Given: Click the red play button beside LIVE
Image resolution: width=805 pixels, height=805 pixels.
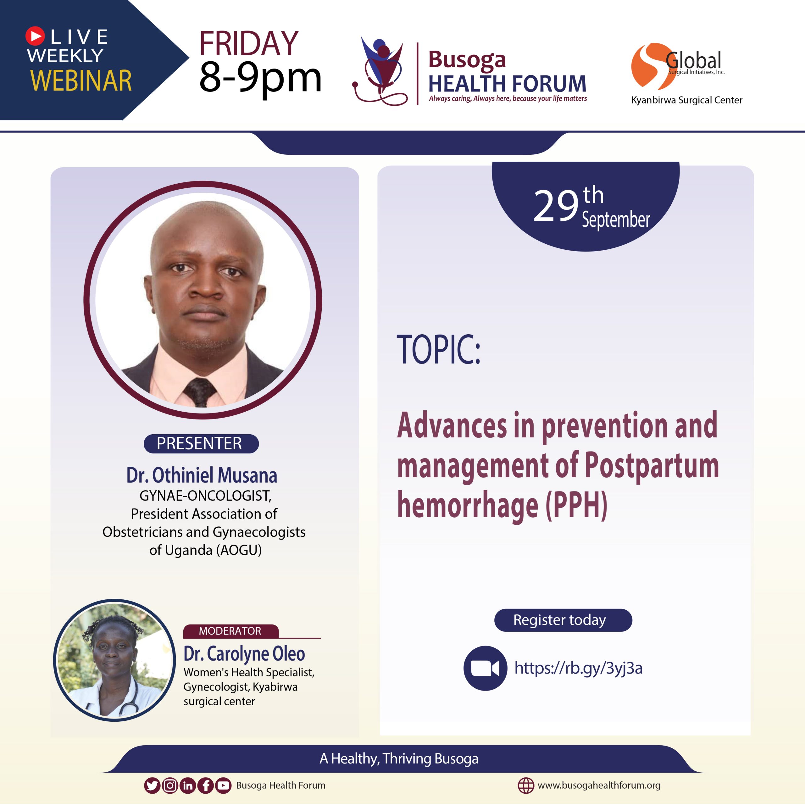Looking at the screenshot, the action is pyautogui.click(x=35, y=36).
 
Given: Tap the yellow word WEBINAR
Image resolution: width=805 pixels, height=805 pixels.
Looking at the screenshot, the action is pyautogui.click(x=81, y=80).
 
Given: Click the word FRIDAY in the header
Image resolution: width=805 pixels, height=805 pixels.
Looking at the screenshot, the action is pyautogui.click(x=249, y=43).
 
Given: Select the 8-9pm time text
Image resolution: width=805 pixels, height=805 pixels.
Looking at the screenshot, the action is pyautogui.click(x=260, y=78).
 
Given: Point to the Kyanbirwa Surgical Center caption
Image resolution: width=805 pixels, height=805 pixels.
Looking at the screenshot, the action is pyautogui.click(x=687, y=100).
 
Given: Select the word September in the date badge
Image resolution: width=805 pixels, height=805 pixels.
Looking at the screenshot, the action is pyautogui.click(x=616, y=219).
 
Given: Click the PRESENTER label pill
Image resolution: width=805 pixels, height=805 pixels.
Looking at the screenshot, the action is pyautogui.click(x=201, y=443).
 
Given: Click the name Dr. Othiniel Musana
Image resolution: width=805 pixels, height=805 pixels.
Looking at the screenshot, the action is pyautogui.click(x=202, y=475).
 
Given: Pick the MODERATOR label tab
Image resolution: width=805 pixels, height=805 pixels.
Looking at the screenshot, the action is pyautogui.click(x=230, y=631).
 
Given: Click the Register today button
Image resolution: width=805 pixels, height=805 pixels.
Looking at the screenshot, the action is pyautogui.click(x=563, y=620).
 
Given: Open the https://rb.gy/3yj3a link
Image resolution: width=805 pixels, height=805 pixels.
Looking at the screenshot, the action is pyautogui.click(x=578, y=668).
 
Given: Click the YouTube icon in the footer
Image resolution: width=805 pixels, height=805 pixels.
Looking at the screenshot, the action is pyautogui.click(x=223, y=786).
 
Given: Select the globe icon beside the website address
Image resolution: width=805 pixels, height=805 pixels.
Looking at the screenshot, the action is pyautogui.click(x=525, y=786).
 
